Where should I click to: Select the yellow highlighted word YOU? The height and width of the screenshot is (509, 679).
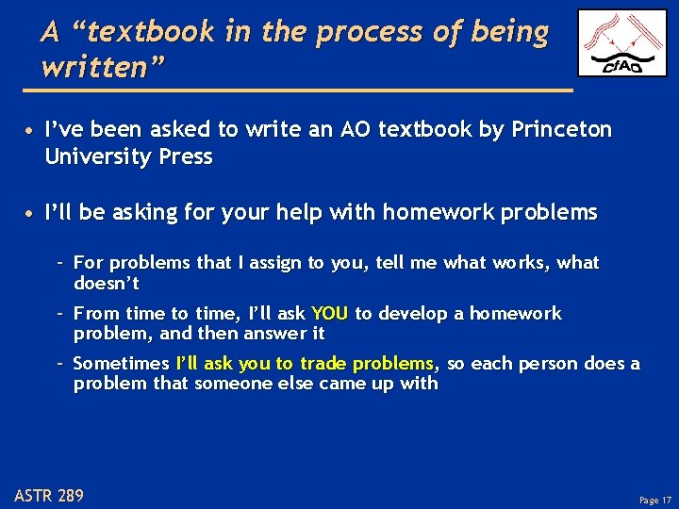click(329, 313)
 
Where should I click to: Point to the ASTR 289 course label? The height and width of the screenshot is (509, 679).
click(49, 494)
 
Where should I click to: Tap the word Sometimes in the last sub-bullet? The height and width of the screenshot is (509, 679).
click(121, 363)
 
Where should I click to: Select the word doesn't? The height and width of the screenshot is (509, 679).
click(107, 283)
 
